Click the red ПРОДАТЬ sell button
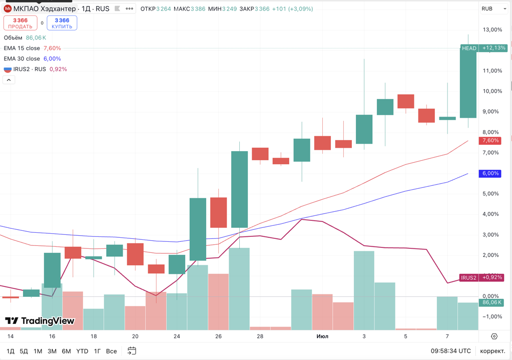(21, 23)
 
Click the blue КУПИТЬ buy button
(62, 23)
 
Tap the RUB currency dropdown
(493, 9)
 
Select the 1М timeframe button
(38, 351)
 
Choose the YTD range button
(82, 351)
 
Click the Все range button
(112, 351)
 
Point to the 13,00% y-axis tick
(492, 30)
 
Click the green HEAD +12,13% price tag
(483, 48)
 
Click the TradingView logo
(40, 321)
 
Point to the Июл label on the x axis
(322, 336)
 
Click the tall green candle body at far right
(468, 83)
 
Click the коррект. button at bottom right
(492, 351)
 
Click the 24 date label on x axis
(177, 336)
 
